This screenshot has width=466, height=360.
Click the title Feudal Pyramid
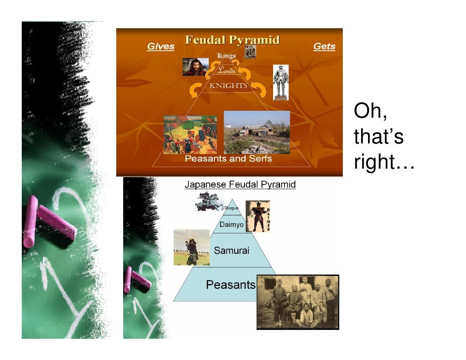[233, 40]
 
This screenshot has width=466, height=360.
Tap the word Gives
[161, 46]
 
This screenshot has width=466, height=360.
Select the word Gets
[324, 46]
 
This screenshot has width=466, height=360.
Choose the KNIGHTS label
[228, 86]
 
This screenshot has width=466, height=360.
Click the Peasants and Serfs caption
[228, 159]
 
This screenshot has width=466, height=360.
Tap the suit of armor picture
[280, 82]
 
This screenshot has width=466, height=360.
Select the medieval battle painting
[190, 135]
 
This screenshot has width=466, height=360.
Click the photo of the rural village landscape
[257, 132]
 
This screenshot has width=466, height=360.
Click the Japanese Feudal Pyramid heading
[240, 185]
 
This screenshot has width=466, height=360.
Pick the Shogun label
[231, 208]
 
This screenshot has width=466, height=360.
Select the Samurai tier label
[232, 251]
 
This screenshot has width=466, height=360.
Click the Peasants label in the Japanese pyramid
[231, 285]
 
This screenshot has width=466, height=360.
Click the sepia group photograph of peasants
[298, 302]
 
